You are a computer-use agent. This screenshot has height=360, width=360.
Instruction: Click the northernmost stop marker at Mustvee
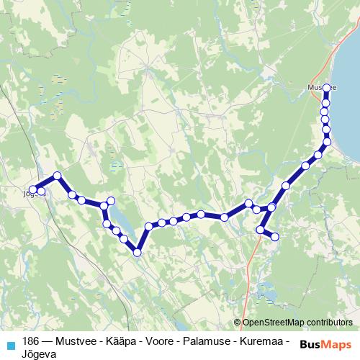326,88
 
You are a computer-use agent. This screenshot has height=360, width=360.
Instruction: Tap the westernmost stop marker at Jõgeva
32,189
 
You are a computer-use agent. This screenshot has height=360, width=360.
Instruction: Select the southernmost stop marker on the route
137,251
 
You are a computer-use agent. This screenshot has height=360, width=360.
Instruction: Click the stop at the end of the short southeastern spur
274,236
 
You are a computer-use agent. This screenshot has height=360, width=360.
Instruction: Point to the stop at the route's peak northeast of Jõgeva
57,176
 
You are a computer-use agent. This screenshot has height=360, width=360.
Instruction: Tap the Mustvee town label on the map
318,87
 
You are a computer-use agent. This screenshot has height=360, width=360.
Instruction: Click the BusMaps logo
325,343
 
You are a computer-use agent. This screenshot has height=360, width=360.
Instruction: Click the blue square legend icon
10,344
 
